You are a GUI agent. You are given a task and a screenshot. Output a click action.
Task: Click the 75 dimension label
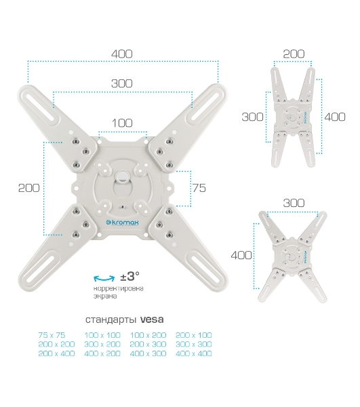(x=199, y=188)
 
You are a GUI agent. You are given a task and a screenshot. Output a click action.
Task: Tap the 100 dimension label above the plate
(x=122, y=123)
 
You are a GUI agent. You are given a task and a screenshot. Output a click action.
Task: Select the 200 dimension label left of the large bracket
(x=28, y=188)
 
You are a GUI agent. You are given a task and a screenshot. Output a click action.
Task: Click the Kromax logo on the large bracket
(x=123, y=222)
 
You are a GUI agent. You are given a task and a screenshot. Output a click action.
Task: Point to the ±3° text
(x=129, y=276)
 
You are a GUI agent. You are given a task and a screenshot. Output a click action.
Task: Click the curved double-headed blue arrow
(x=104, y=278)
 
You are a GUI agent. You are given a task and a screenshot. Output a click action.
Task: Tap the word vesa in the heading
(x=152, y=319)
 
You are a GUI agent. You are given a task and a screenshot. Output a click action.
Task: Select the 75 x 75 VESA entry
(x=52, y=335)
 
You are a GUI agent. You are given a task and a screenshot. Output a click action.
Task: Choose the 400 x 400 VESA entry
(x=193, y=353)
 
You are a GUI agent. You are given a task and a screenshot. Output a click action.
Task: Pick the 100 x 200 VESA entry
(x=148, y=335)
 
